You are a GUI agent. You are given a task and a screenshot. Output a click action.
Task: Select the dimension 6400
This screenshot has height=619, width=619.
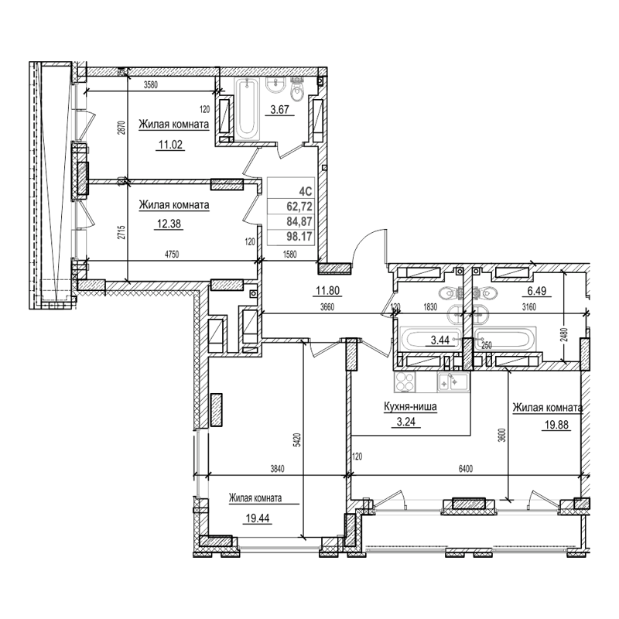click(467, 468)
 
